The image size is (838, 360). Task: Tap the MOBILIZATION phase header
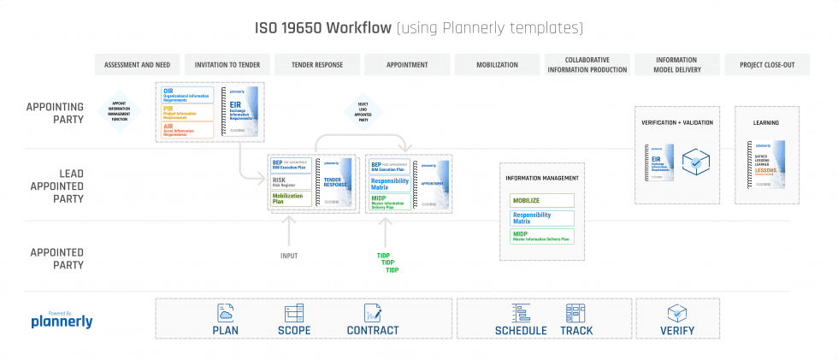point(497,65)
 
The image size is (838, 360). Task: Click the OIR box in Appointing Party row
point(187,94)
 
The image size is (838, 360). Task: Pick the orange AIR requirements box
point(187,129)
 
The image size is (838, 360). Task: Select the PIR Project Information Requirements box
point(187,112)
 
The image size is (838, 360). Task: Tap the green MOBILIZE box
point(542,200)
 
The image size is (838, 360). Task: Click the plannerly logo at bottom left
point(62,321)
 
